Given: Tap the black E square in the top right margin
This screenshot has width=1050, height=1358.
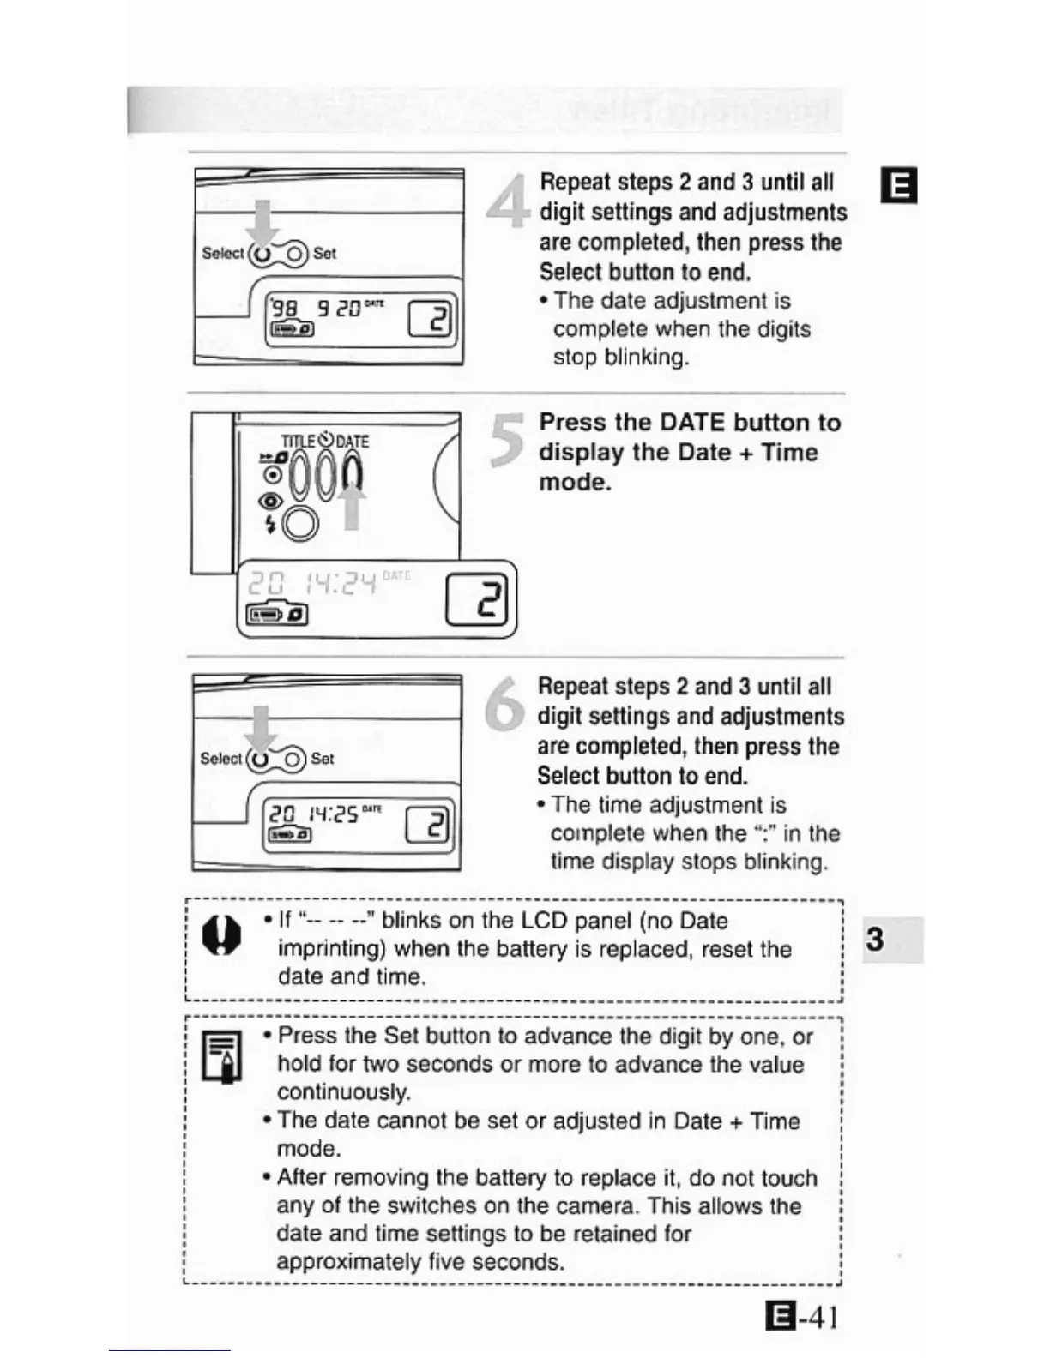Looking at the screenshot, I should coord(900,185).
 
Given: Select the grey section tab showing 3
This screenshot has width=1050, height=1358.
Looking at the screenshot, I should coord(892,940).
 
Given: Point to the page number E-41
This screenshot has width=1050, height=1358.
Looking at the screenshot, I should coord(801,1316).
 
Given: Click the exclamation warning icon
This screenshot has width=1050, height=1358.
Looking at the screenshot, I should coord(221,936).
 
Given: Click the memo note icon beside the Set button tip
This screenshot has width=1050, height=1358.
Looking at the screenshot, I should coord(221,1056).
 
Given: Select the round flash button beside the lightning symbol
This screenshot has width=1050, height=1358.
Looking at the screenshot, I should coord(300,523).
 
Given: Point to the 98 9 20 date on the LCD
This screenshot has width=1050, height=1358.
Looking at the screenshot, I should coord(317,307).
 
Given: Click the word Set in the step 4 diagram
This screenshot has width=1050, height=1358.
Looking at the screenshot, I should coord(324,254).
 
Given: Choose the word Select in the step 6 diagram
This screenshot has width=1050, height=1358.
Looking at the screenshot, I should coord(220,759).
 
